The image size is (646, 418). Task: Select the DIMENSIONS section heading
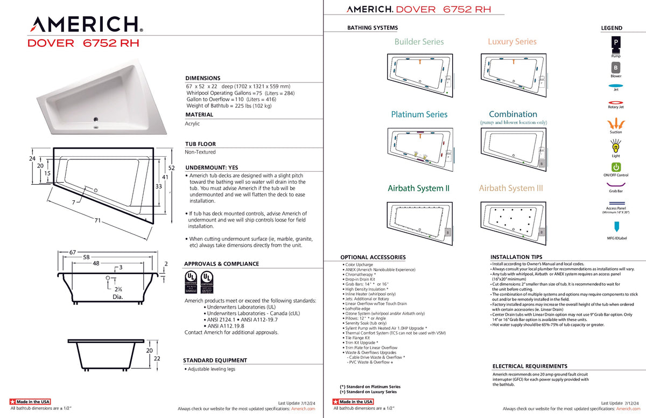[202, 78]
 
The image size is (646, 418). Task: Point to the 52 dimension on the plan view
[172, 168]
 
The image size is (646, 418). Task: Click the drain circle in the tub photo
[96, 120]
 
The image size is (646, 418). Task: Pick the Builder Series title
[419, 41]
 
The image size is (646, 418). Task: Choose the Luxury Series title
[512, 41]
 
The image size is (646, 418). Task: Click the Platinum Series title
[419, 114]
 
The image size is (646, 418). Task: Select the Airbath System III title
[511, 188]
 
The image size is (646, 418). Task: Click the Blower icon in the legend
[616, 68]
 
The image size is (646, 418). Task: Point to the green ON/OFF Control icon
[616, 168]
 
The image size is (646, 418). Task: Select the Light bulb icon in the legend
[616, 145]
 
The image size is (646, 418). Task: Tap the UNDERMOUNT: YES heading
[211, 168]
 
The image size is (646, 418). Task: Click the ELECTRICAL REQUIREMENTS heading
[530, 366]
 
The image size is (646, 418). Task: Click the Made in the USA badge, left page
[30, 402]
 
